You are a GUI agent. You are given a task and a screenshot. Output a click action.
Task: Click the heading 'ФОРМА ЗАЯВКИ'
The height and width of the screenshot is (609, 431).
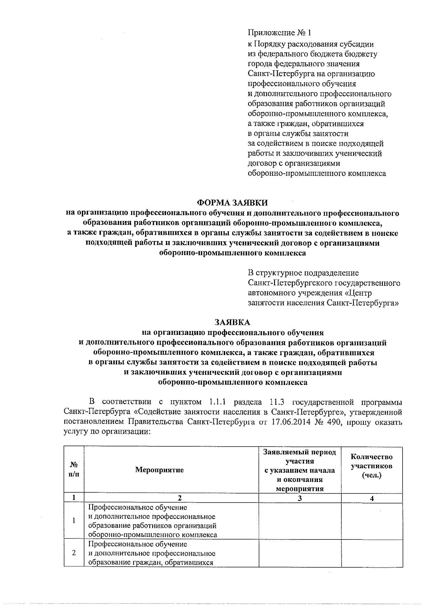pos(233,203)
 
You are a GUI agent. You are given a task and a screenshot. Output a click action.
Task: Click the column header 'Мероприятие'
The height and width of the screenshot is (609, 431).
pos(159,470)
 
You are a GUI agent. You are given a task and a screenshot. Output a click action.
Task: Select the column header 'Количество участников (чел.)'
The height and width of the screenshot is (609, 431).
pos(371,466)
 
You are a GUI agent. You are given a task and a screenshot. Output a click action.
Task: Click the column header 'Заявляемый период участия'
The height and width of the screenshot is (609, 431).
pos(300,457)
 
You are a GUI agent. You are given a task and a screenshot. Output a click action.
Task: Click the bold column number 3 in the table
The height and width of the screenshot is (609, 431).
pos(300,498)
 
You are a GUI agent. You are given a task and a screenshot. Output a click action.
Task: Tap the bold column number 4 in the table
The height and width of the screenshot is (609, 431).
pos(372,498)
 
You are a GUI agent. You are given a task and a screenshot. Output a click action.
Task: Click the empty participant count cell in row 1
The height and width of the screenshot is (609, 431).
pos(372,520)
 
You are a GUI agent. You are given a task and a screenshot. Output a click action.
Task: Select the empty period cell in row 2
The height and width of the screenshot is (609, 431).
pos(300,553)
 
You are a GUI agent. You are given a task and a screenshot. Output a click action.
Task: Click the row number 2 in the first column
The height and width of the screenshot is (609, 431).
pos(74,553)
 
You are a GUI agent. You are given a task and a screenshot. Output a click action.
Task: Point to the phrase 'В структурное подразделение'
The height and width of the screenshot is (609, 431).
pos(303,273)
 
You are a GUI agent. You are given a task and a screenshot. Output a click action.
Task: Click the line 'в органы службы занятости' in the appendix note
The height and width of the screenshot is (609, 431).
pos(298,134)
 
